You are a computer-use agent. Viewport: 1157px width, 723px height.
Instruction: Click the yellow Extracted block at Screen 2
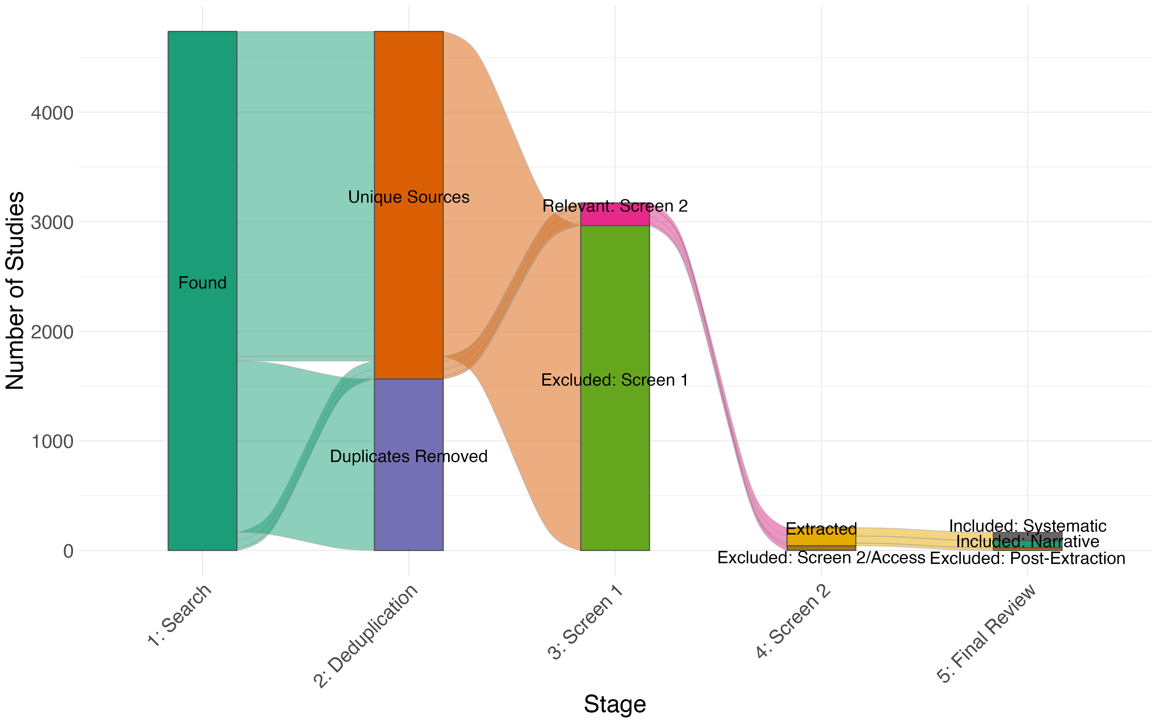coord(821,539)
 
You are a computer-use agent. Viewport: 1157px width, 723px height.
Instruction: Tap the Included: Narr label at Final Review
coord(1009,542)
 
